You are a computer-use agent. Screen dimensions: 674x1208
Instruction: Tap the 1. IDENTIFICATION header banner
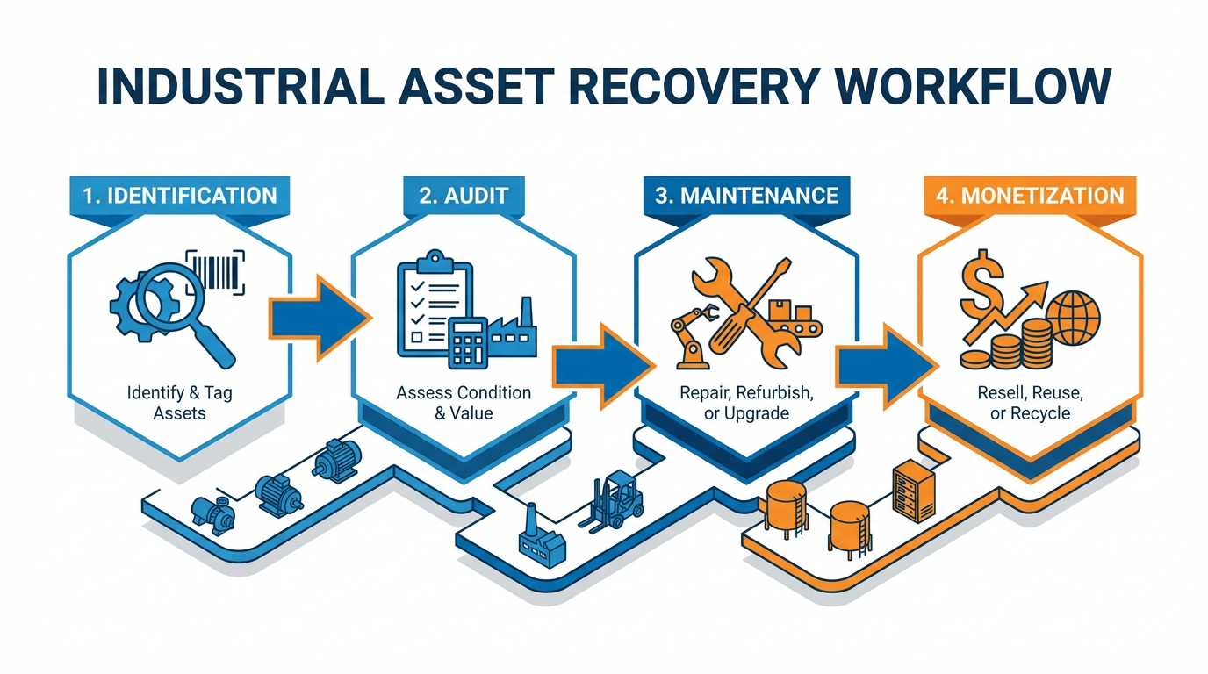click(x=180, y=195)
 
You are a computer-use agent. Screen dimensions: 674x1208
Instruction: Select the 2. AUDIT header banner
click(x=464, y=195)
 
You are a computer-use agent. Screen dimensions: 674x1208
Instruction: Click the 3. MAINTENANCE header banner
click(x=746, y=195)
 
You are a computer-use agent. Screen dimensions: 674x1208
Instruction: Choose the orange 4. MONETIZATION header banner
click(x=1030, y=195)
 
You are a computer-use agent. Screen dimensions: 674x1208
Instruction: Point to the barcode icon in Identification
click(x=217, y=269)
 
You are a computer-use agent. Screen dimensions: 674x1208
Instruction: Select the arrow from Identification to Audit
click(x=315, y=317)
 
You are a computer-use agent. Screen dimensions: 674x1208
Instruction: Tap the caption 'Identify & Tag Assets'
click(x=180, y=403)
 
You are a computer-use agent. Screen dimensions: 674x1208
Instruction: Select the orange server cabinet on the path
click(x=909, y=491)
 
